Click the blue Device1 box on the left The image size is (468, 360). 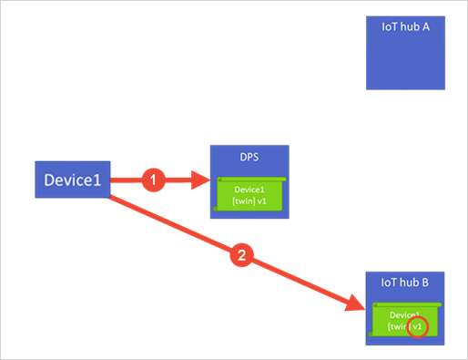[x=73, y=180]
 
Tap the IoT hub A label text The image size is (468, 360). [x=404, y=26]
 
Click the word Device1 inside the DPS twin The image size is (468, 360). [x=249, y=190]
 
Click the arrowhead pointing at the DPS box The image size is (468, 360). [x=202, y=180]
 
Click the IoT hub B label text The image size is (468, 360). [x=404, y=283]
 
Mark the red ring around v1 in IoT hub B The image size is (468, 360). [x=418, y=327]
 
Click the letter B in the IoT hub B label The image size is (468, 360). [x=424, y=283]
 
